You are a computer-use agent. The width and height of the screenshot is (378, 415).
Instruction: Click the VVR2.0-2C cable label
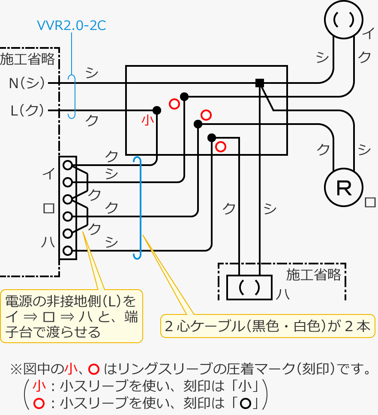click(x=71, y=25)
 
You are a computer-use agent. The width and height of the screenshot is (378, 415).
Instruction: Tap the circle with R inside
click(x=344, y=187)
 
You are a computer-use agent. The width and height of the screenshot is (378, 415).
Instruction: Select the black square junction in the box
click(x=259, y=83)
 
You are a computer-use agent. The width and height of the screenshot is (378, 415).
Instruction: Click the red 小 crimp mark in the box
click(x=147, y=121)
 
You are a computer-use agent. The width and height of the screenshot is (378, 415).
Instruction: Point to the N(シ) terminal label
click(x=27, y=83)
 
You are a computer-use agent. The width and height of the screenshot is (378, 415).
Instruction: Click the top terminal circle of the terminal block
click(x=67, y=165)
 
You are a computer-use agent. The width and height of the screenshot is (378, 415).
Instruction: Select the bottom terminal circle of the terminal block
click(x=67, y=251)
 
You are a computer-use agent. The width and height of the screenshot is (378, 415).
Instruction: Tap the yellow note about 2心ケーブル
click(x=267, y=326)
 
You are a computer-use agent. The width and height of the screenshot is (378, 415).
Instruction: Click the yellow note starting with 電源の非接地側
click(x=71, y=316)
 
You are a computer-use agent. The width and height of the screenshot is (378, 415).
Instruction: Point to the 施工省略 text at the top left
click(x=27, y=59)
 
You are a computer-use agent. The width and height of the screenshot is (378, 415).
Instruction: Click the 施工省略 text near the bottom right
click(x=314, y=274)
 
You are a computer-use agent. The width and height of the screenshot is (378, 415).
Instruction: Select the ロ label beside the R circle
click(x=369, y=202)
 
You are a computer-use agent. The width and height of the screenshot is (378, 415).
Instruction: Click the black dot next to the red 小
click(x=157, y=110)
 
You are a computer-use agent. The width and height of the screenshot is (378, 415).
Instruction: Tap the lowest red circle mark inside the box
click(x=220, y=147)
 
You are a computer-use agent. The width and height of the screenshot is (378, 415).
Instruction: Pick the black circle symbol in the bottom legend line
click(x=245, y=403)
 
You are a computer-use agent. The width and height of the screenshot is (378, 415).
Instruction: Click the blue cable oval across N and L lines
click(x=72, y=97)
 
